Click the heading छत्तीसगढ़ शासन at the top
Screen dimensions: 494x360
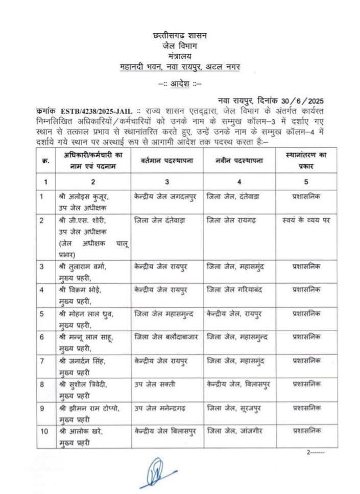[179, 36]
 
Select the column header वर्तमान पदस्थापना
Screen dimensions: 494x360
[161, 161]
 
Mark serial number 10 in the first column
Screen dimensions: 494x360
[44, 431]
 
